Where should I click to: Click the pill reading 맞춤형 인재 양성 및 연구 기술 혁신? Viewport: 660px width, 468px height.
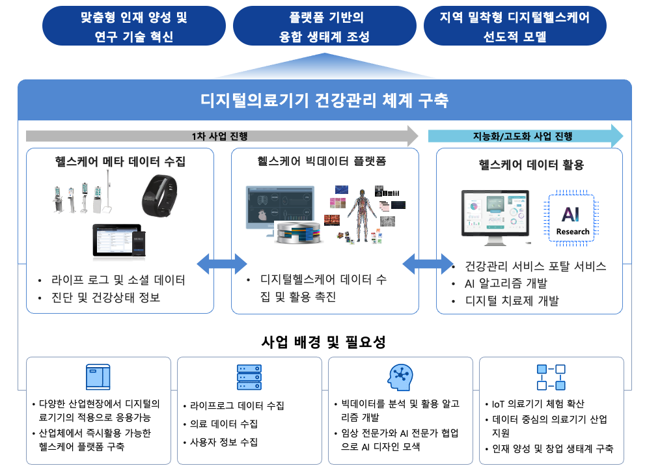pos(134,26)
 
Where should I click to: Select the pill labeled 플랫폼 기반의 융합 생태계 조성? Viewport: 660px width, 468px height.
pos(325,26)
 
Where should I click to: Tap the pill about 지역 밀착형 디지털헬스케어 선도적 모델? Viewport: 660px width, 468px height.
pos(515,26)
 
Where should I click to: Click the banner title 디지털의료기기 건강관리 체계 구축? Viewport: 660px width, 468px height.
pos(325,101)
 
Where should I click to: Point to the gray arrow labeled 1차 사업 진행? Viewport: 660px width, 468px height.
pos(222,136)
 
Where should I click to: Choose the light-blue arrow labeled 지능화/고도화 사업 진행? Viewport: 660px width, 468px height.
pos(525,136)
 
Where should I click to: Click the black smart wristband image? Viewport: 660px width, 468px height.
pos(159,196)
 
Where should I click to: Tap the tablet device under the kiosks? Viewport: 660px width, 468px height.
pos(119,240)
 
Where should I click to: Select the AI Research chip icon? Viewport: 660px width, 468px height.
pos(571,218)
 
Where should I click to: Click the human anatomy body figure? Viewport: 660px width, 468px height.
pos(361,215)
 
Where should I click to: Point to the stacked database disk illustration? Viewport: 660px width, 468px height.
pos(299,233)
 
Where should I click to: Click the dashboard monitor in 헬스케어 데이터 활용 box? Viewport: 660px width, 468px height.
pos(495,217)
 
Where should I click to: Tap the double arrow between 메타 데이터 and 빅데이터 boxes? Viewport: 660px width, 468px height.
pos(222,264)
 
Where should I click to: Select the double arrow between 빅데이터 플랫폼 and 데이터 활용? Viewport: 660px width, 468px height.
pos(428,264)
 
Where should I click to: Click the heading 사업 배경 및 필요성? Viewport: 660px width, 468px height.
pos(323,342)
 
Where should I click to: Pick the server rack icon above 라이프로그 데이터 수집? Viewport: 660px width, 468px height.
pos(249,377)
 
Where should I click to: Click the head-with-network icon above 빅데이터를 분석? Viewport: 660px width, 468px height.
pos(400,378)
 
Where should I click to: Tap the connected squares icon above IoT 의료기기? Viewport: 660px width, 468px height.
pos(551,378)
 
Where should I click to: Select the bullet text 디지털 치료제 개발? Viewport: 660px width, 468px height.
pos(512,301)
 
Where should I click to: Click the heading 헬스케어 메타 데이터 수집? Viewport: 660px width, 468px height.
pos(120,161)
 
